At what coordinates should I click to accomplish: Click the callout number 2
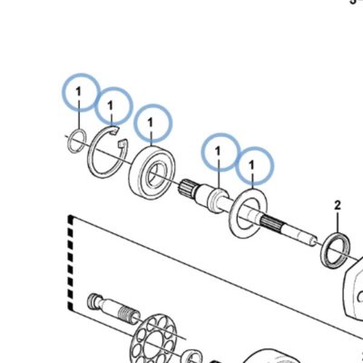[x=338, y=206]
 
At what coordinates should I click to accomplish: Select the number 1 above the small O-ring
[x=79, y=91]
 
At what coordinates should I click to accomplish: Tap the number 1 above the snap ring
[x=111, y=105]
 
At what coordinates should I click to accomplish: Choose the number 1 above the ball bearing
[x=151, y=123]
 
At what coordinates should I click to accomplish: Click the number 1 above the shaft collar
[x=218, y=151]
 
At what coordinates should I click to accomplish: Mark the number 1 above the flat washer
[x=251, y=165]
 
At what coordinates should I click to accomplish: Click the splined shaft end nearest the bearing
[x=185, y=187]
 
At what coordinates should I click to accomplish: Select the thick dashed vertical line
[x=70, y=263]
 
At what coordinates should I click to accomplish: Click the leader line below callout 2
[x=338, y=222]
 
